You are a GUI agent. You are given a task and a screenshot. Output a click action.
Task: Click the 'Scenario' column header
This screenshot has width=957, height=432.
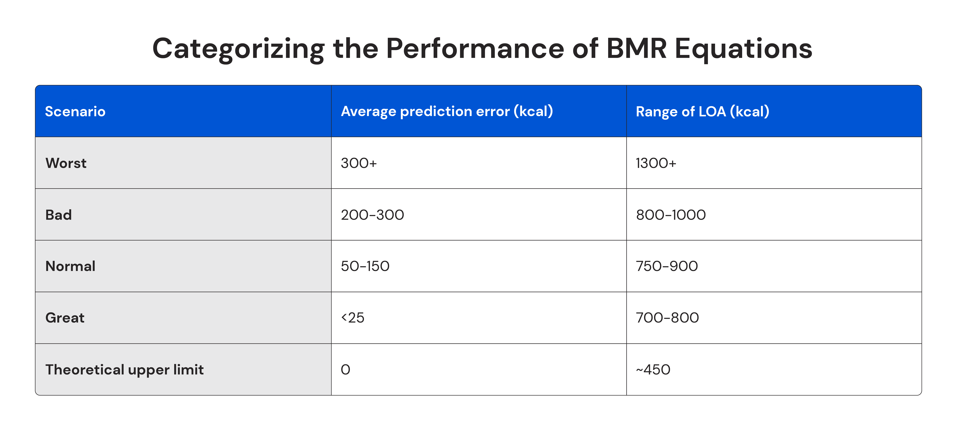[75, 111]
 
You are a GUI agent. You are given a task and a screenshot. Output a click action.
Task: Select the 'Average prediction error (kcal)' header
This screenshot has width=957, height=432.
[447, 111]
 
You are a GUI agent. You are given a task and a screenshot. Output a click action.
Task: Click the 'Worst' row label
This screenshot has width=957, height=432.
[66, 163]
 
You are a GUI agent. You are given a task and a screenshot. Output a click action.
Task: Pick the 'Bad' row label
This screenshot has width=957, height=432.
[58, 215]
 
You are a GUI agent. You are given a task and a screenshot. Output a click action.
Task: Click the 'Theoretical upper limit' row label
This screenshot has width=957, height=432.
[124, 370]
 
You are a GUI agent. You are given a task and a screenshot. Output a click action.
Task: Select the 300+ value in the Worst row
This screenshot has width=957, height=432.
[359, 163]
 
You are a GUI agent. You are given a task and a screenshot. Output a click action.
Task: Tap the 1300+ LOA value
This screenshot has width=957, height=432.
[656, 163]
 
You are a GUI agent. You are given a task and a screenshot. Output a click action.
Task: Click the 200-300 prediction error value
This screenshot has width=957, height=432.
[372, 215]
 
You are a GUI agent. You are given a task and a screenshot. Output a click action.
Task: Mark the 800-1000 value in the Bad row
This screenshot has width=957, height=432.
[671, 215]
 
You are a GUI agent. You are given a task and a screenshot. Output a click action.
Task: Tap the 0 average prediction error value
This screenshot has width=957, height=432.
[346, 370]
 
